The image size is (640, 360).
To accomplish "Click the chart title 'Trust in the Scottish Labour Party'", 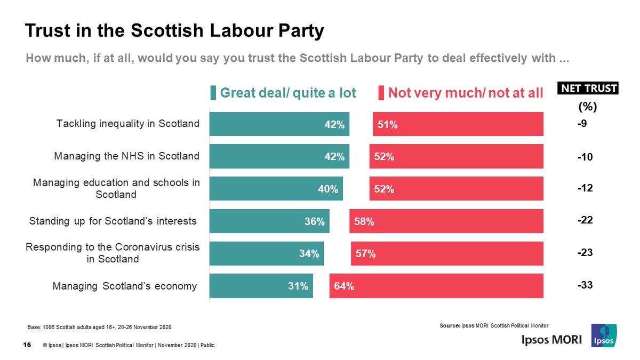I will point(174,31).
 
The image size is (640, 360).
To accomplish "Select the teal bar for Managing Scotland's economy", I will point(261,286).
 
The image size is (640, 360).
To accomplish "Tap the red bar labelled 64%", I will point(436,286).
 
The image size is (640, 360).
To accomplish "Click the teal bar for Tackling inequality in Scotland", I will point(279,124).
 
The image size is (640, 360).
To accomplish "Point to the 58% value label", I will point(364,221).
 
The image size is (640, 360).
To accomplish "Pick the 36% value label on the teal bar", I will point(314,221).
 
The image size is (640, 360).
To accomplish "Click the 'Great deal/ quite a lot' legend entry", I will point(283,93).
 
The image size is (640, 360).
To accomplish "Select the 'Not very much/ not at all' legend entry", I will point(461,93).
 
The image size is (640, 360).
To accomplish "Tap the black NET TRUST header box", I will point(587,89).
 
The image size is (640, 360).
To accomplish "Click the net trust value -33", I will point(585,286).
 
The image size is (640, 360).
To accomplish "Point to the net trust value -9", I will point(583,124).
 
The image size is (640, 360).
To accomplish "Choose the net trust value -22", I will point(585,221).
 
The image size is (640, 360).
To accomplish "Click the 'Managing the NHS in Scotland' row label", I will point(127,156).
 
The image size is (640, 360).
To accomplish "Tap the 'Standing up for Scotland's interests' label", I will point(113,221).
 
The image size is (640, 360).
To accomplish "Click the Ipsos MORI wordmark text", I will point(551,340).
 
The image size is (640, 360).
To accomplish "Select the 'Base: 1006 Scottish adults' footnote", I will point(99,326).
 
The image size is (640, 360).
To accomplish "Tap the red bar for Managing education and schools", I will point(456,189).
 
